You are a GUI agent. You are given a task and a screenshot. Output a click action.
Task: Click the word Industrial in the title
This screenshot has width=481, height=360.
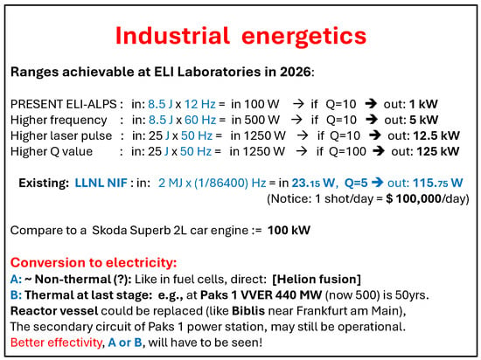172,36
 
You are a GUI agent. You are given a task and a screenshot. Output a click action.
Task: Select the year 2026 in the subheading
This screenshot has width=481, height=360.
295,72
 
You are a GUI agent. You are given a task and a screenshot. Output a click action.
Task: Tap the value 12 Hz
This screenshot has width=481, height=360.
200,104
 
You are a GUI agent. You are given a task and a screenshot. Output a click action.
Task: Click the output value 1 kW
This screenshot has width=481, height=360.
423,104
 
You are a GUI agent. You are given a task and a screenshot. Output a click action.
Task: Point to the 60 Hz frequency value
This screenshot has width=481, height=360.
200,120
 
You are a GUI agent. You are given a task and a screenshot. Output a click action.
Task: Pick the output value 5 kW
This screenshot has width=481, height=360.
424,120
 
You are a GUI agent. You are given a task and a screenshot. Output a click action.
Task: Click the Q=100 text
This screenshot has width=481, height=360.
347,151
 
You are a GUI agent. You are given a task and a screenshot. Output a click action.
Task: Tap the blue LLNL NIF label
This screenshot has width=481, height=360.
101,183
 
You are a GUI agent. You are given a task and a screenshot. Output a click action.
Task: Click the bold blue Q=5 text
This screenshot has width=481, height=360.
356,183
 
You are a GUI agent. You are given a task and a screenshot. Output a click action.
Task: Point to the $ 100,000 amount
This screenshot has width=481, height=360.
414,199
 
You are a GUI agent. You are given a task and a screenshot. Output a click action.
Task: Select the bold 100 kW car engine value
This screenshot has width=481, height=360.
289,230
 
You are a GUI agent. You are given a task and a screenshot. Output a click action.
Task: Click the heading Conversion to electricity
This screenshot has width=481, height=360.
94,262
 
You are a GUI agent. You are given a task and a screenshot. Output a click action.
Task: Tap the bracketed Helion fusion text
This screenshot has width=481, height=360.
317,279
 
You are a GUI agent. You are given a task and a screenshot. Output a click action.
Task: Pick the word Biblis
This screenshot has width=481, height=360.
248,311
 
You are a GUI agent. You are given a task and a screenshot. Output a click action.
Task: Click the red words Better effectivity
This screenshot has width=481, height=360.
56,343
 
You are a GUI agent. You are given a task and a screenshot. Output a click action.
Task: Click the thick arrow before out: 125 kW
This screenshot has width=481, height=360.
378,151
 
